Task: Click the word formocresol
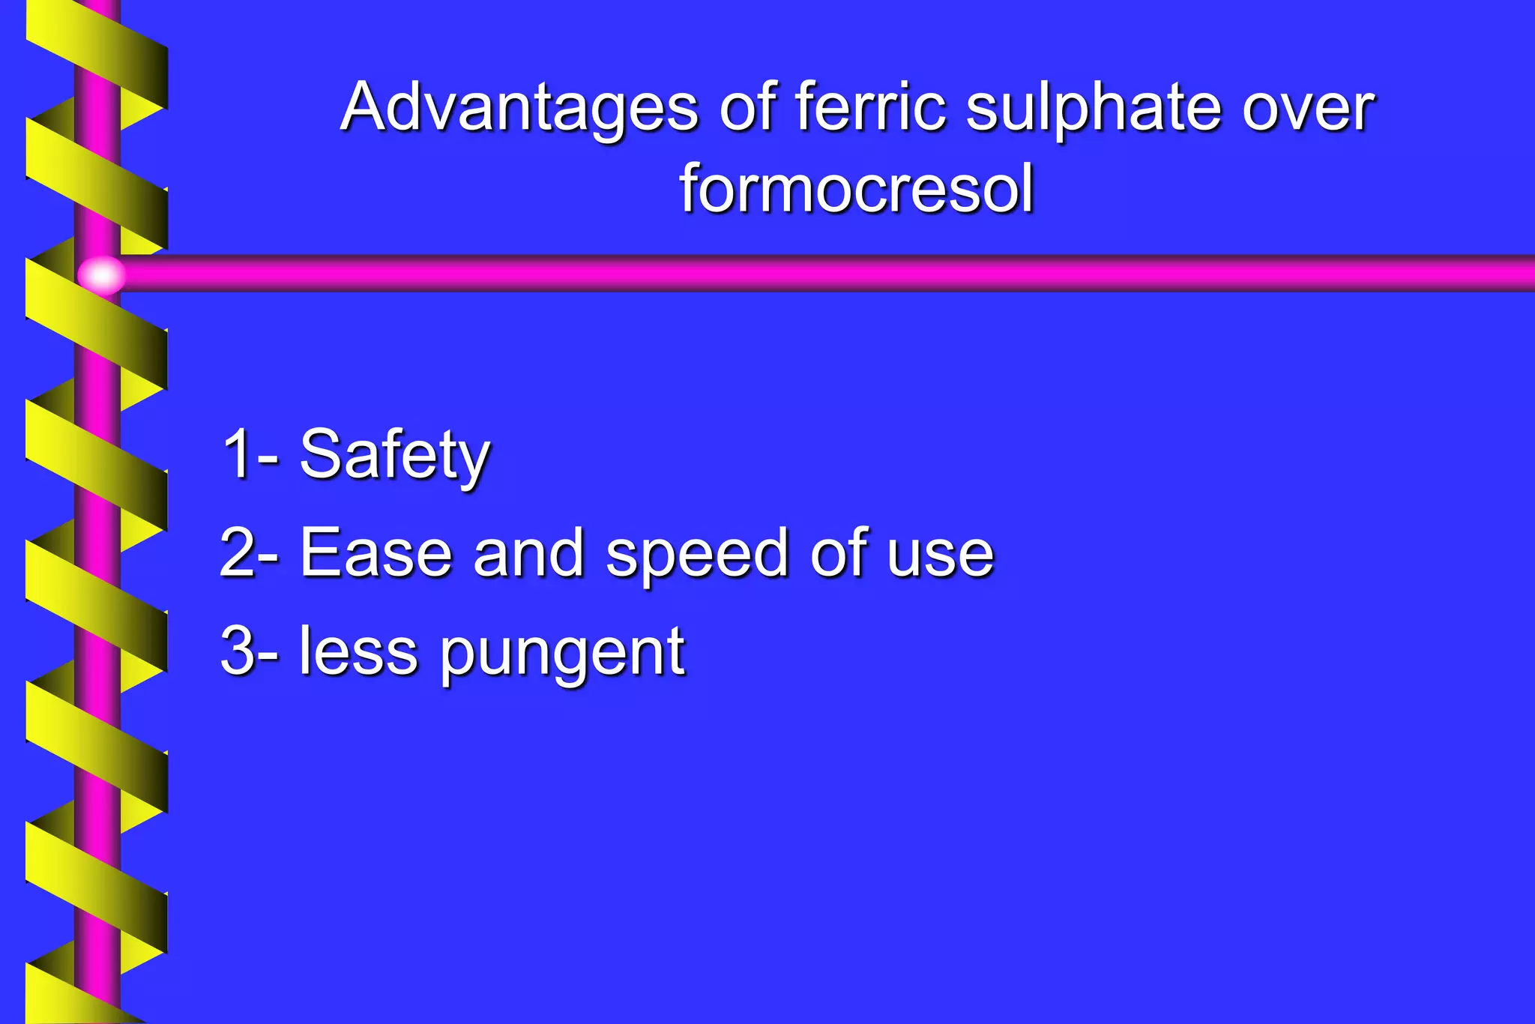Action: coord(857,188)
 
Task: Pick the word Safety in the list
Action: coord(395,456)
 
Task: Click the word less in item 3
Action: coord(358,651)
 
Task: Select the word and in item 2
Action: coord(529,553)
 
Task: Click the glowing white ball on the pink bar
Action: coord(102,274)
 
